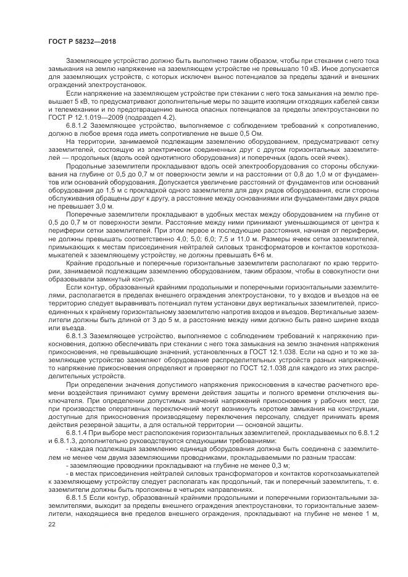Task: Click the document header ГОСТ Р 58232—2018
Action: pyautogui.click(x=82, y=41)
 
